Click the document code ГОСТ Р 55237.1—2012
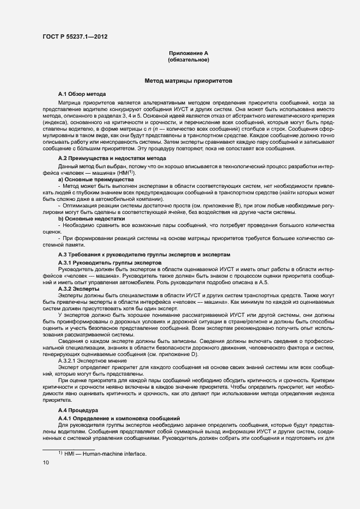[x=74, y=36]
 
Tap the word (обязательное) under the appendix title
[x=188, y=59]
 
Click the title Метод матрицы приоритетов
[x=188, y=81]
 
